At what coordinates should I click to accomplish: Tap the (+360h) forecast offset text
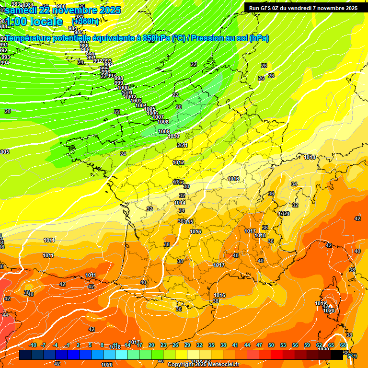pyautogui.click(x=86, y=22)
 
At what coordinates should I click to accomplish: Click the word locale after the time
pyautogui.click(x=46, y=22)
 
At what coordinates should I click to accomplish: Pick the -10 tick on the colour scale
pyautogui.click(x=33, y=345)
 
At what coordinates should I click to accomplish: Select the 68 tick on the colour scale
pyautogui.click(x=343, y=345)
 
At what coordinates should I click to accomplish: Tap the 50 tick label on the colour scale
pyautogui.click(x=271, y=345)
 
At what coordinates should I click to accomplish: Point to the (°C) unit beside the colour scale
pyautogui.click(x=352, y=356)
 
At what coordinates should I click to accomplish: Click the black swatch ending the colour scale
pyautogui.click(x=337, y=355)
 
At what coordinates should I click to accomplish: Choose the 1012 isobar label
pyautogui.click(x=178, y=163)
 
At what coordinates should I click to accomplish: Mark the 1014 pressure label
pyautogui.click(x=180, y=203)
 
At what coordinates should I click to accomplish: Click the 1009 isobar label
pyautogui.click(x=164, y=131)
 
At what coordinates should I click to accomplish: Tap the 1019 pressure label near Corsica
pyautogui.click(x=321, y=303)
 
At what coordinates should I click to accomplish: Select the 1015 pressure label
pyautogui.click(x=187, y=222)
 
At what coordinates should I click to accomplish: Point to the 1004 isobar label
pyautogui.click(x=141, y=105)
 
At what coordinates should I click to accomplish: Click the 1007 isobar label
pyautogui.click(x=158, y=117)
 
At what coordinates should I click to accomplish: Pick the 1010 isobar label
pyautogui.click(x=173, y=137)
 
